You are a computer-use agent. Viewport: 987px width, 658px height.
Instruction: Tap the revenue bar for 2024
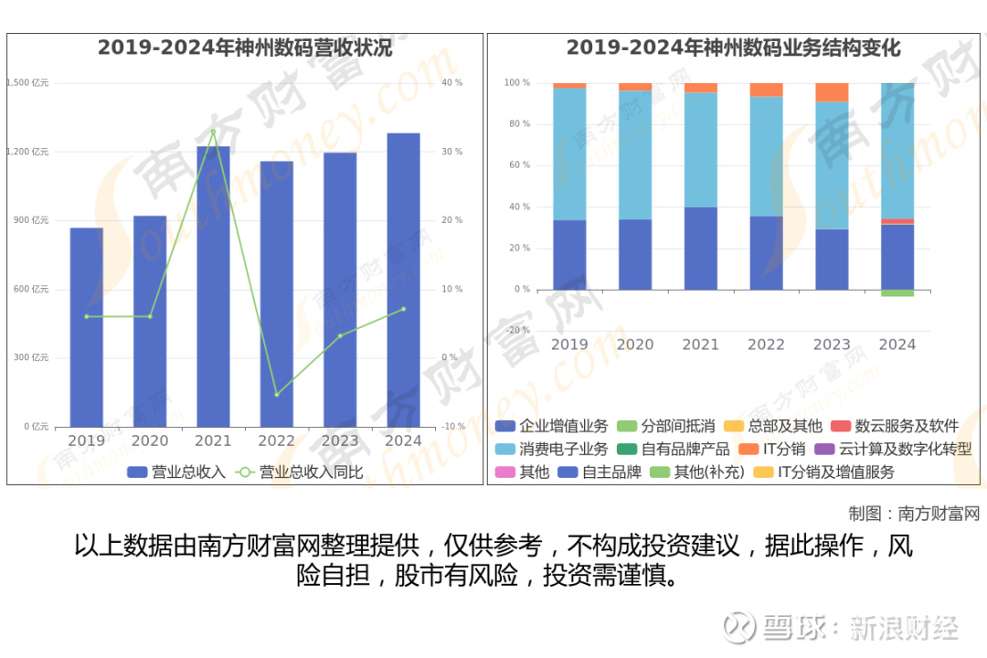pyautogui.click(x=403, y=280)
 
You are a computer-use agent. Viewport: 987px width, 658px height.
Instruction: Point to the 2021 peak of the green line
pyautogui.click(x=213, y=132)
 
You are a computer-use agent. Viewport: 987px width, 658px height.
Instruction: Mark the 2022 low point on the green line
pyautogui.click(x=276, y=395)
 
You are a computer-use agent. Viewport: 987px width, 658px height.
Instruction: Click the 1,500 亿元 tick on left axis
pyautogui.click(x=27, y=83)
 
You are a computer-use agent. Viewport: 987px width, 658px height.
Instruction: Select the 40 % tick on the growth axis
pyautogui.click(x=452, y=83)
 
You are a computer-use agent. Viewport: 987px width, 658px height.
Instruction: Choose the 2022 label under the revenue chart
pyautogui.click(x=276, y=440)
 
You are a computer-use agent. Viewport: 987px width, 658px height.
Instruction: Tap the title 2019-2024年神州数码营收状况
pyautogui.click(x=245, y=48)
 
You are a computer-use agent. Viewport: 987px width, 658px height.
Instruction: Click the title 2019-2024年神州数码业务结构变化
pyautogui.click(x=733, y=48)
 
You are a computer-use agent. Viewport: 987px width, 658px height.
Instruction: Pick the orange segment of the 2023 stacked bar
pyautogui.click(x=832, y=91)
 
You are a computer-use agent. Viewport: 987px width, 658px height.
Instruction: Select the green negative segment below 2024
pyautogui.click(x=897, y=292)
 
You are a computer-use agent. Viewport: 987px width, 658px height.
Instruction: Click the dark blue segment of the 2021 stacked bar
pyautogui.click(x=701, y=249)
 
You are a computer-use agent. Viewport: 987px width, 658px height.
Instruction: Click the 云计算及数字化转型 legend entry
pyautogui.click(x=904, y=450)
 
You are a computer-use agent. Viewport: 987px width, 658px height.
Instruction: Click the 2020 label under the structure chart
pyautogui.click(x=635, y=345)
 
